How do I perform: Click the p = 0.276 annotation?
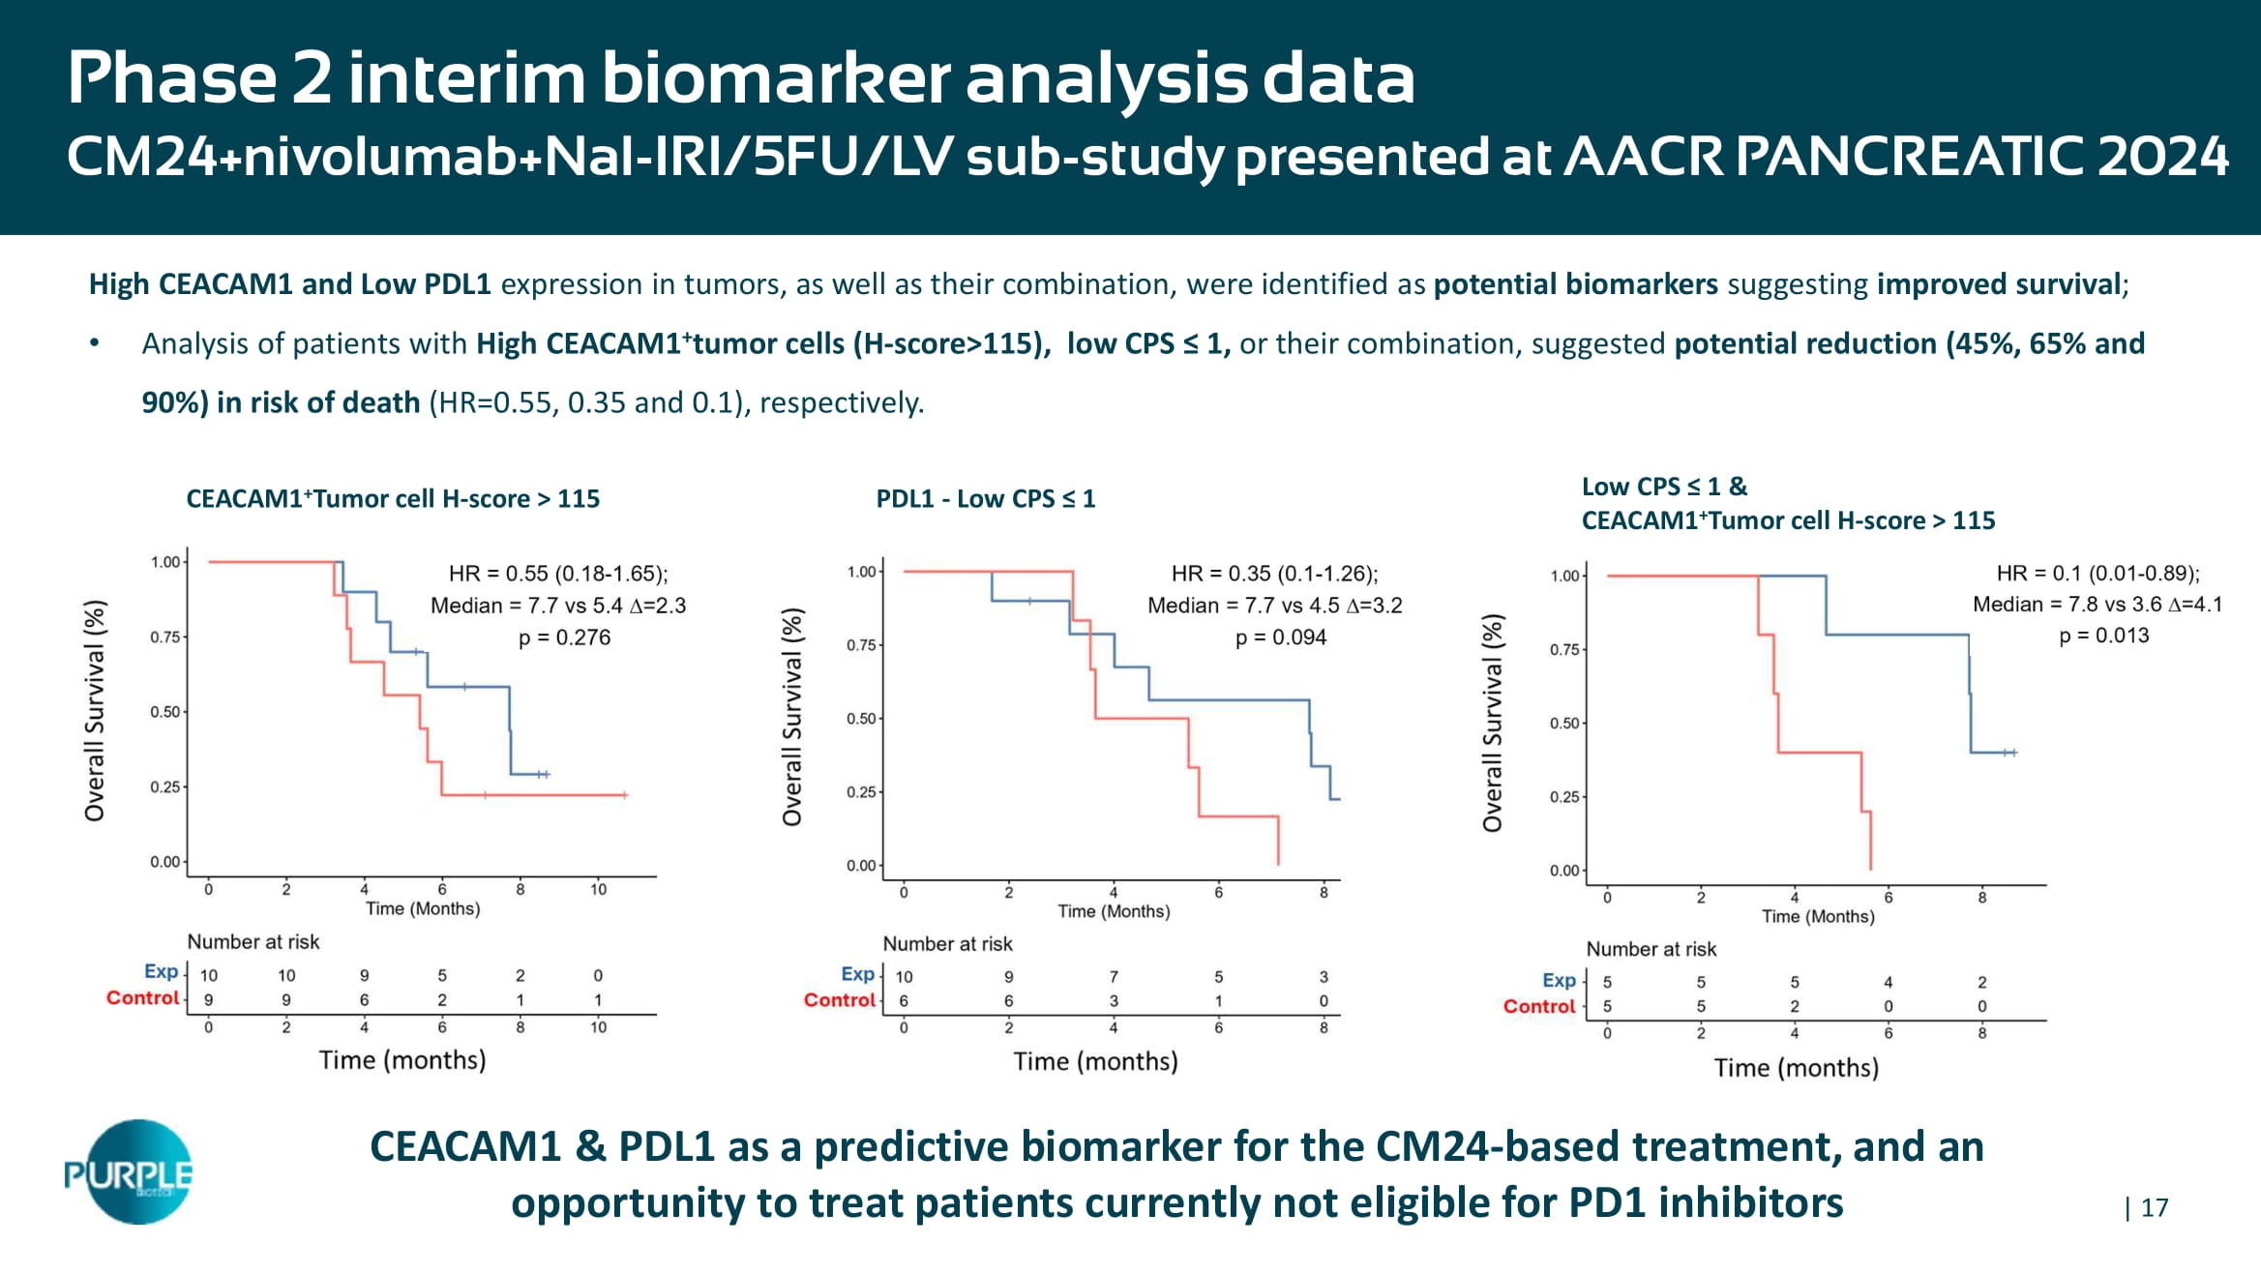click(x=564, y=637)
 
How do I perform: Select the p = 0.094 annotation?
click(x=1280, y=637)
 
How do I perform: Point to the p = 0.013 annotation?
click(x=2103, y=636)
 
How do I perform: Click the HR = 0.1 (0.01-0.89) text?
click(x=2097, y=574)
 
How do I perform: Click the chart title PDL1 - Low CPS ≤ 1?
click(x=985, y=499)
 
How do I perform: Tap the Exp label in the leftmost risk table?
click(x=161, y=972)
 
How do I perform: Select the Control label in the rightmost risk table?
click(x=1538, y=1006)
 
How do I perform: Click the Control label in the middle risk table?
click(x=839, y=1000)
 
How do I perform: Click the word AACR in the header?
click(x=1644, y=157)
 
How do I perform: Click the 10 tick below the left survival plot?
click(x=598, y=890)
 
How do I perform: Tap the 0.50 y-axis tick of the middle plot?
click(x=861, y=719)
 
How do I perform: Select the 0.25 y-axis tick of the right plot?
click(x=1563, y=797)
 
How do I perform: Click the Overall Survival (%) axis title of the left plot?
click(x=95, y=711)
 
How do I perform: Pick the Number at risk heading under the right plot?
click(x=1651, y=949)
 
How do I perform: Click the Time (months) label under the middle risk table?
click(x=1095, y=1061)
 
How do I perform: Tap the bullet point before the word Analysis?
click(x=94, y=344)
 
